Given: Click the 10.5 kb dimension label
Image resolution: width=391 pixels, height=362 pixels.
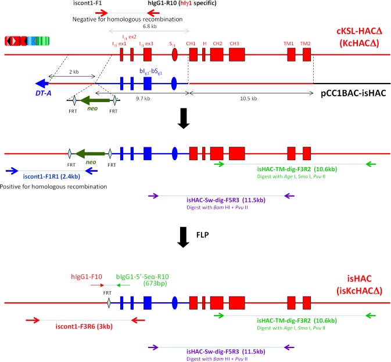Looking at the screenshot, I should coord(251,99).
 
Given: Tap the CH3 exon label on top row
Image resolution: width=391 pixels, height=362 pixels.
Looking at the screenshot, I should coord(235,42).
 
